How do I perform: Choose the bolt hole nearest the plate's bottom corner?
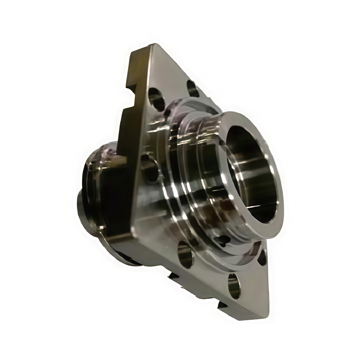[234, 284]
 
